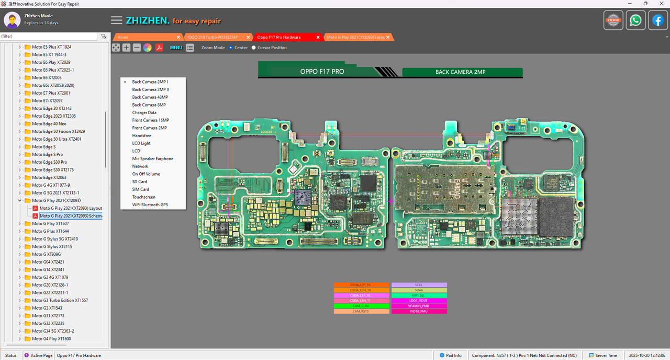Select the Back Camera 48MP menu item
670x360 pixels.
(x=150, y=97)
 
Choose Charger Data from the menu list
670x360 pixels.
(x=144, y=113)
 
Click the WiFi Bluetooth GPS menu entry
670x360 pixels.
(x=150, y=205)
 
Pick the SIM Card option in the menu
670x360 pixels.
(x=140, y=189)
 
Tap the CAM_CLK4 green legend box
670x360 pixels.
(x=361, y=306)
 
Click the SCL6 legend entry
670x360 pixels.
(x=419, y=285)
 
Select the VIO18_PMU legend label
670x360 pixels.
(x=419, y=311)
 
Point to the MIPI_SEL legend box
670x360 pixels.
(x=419, y=296)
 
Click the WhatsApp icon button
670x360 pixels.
(x=635, y=20)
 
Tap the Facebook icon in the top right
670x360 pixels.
(x=657, y=20)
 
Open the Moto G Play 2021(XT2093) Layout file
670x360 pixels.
(x=70, y=208)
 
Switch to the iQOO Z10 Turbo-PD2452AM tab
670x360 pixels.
(x=211, y=37)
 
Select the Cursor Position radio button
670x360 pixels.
(x=254, y=48)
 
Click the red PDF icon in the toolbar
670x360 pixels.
(x=159, y=48)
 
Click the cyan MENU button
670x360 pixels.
(x=176, y=48)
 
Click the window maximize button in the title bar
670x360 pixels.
(x=645, y=4)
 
